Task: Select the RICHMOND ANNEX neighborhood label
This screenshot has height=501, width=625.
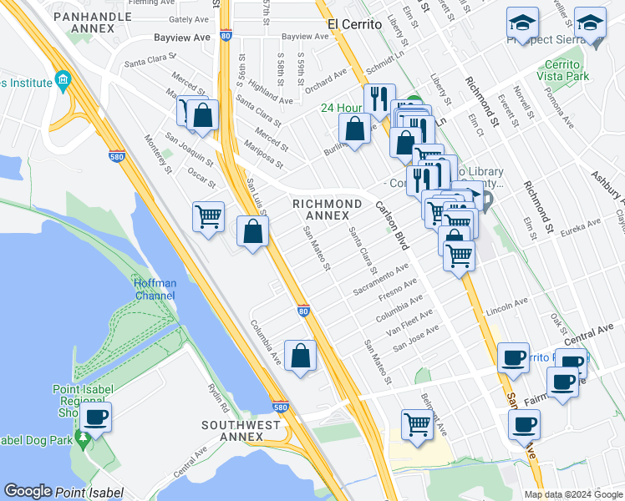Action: [326, 210]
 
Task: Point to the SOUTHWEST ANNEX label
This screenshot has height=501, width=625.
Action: [241, 432]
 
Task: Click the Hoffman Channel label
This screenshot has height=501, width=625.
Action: [155, 289]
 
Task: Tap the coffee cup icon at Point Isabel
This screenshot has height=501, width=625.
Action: [95, 417]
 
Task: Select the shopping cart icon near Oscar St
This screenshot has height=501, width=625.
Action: [208, 217]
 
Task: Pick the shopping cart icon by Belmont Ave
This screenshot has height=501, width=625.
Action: [416, 423]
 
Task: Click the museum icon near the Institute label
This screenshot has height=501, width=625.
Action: [64, 81]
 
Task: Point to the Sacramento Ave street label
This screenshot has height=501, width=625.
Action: [380, 280]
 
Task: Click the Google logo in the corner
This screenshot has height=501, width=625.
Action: [28, 491]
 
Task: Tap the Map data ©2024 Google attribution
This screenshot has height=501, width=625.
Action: [573, 494]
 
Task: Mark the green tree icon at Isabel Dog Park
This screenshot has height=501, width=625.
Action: [83, 438]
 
